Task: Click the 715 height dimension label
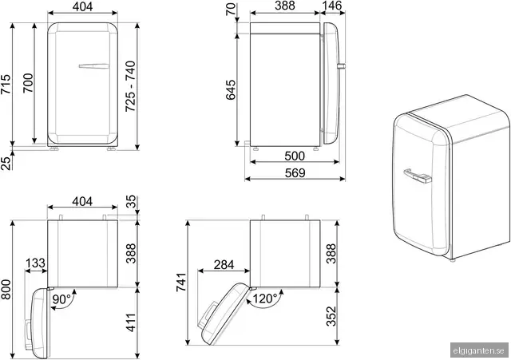[6, 84]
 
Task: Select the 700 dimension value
[29, 83]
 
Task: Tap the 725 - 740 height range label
[130, 86]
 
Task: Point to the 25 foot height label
[6, 163]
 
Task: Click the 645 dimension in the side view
[231, 89]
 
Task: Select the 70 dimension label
[231, 9]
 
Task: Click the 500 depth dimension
[295, 156]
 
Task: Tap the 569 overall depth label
[295, 173]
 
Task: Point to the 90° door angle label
[61, 299]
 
